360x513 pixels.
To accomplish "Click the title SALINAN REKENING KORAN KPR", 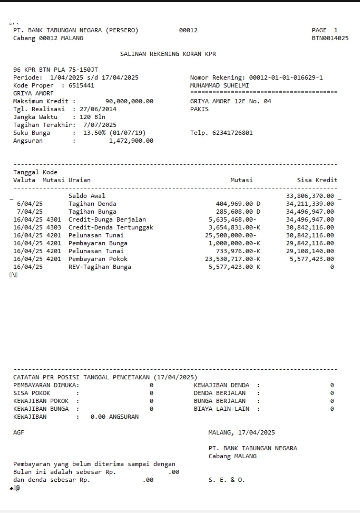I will coord(168,54).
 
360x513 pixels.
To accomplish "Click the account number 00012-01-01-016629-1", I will coord(286,78).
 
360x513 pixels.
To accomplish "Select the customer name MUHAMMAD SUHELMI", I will coord(219,86).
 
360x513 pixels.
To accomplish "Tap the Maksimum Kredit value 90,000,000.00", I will coord(129,101).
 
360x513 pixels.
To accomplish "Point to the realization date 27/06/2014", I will coord(98,109).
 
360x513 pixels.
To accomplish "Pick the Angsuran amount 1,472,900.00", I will coord(131,141).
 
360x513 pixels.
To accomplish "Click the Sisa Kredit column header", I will coord(317,180).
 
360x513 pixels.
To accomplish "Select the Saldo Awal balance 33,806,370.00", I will coord(310,196).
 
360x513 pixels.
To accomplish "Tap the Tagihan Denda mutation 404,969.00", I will coord(234,204).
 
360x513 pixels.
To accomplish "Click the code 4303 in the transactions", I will coord(54,228).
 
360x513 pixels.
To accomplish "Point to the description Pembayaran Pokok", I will coord(98,259).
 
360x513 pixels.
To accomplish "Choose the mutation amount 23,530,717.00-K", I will coord(232,259).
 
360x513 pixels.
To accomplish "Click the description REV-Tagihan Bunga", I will coord(100,267).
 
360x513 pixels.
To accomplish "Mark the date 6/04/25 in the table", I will coord(30,204).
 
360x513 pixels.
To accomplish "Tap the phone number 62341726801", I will coord(232,133).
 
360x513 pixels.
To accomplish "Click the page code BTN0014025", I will coord(330,38).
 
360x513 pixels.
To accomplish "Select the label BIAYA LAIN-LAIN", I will coord(221,409).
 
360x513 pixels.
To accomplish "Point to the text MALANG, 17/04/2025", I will coord(241,433).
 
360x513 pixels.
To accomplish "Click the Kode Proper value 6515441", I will coord(81,86).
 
